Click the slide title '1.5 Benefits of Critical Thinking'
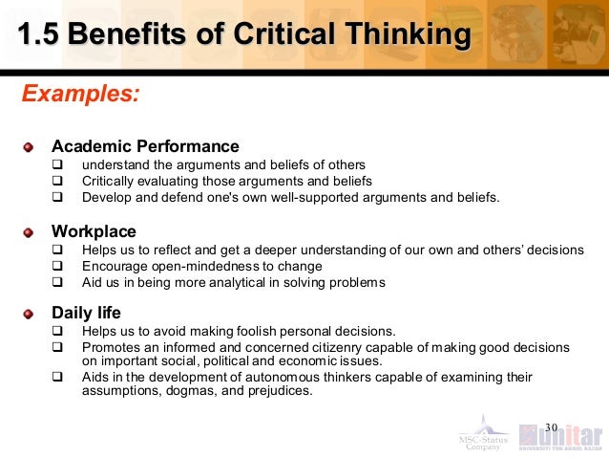pyautogui.click(x=243, y=36)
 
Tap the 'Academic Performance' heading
pyautogui.click(x=145, y=146)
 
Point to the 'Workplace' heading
pyautogui.click(x=94, y=231)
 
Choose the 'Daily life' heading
pyautogui.click(x=86, y=313)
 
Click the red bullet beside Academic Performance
pyautogui.click(x=30, y=147)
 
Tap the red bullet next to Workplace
pyautogui.click(x=30, y=232)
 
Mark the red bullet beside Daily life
pyautogui.click(x=30, y=314)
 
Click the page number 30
pyautogui.click(x=550, y=425)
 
